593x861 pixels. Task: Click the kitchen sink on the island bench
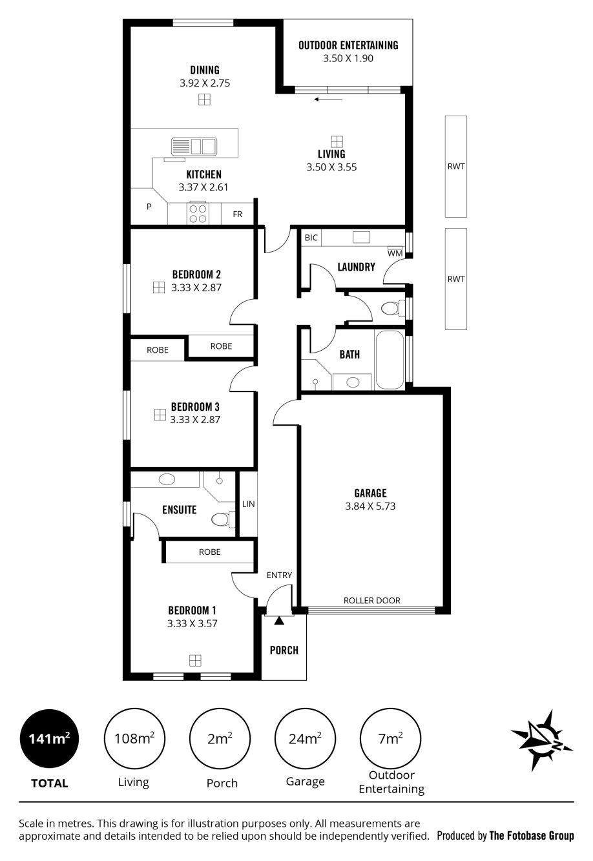[193, 147]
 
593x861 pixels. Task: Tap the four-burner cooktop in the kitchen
[198, 214]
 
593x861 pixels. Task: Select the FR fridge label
[238, 214]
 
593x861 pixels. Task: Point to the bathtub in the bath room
[390, 360]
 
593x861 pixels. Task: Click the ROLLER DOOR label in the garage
[371, 601]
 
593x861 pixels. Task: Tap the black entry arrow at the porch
[278, 620]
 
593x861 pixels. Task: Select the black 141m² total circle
[49, 739]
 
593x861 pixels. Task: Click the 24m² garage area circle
[305, 739]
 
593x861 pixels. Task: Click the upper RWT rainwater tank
[456, 167]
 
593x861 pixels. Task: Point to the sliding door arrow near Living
[328, 99]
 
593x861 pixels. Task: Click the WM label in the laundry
[395, 253]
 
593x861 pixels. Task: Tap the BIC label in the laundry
[311, 238]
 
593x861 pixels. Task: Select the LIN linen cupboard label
[248, 504]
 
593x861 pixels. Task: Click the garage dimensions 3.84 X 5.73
[370, 506]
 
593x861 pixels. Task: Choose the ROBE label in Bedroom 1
[209, 552]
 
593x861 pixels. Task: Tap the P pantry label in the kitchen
[149, 207]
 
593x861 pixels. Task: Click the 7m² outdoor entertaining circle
[390, 739]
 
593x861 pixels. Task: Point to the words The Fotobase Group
[531, 836]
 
